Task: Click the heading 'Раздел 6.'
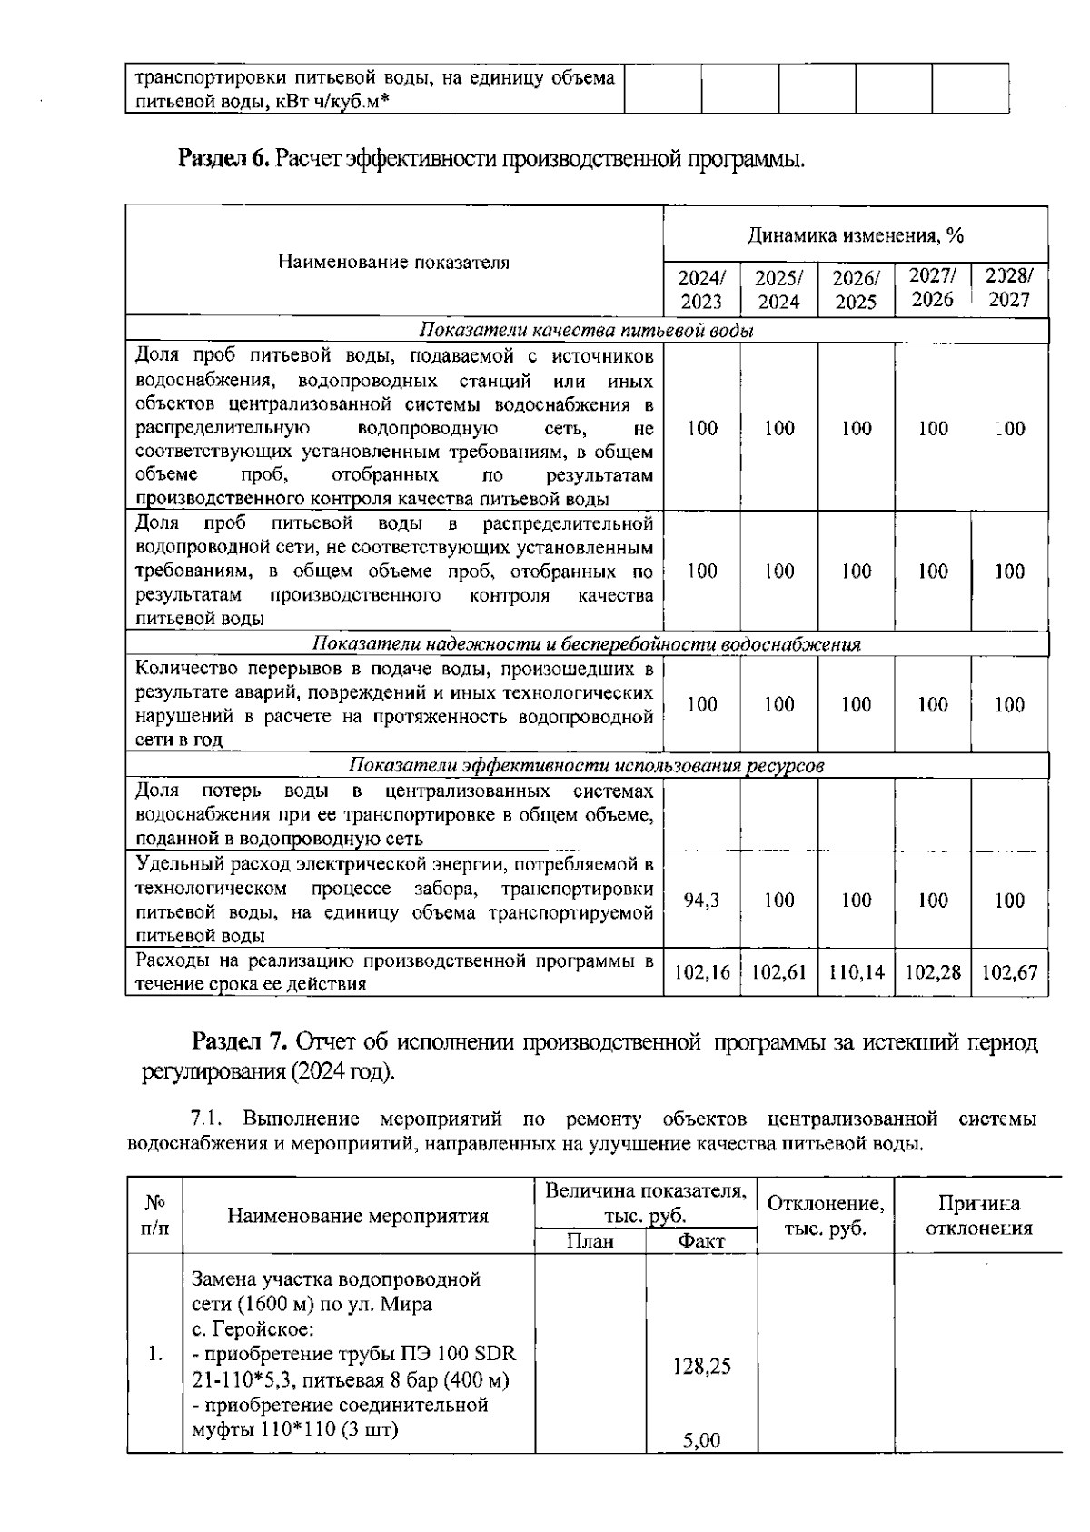click(x=223, y=159)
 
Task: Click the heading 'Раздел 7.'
click(x=240, y=1041)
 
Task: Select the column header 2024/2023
click(x=701, y=290)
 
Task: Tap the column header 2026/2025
click(x=856, y=290)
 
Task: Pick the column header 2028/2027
click(x=1009, y=288)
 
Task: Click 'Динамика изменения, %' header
click(x=855, y=236)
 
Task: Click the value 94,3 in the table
click(x=701, y=900)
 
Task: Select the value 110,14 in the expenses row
click(x=856, y=972)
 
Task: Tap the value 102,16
click(x=701, y=972)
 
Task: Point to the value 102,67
click(x=1009, y=972)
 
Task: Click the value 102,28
click(x=933, y=972)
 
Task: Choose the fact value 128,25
click(x=701, y=1367)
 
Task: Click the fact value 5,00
click(x=700, y=1440)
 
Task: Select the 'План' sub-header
click(x=590, y=1241)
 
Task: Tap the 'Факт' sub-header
click(x=701, y=1241)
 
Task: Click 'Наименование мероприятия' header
click(x=358, y=1216)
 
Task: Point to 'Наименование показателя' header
click(x=393, y=263)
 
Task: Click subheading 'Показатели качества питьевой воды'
click(x=586, y=331)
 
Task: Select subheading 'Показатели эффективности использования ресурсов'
click(x=586, y=765)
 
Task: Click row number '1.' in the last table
click(x=154, y=1354)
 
